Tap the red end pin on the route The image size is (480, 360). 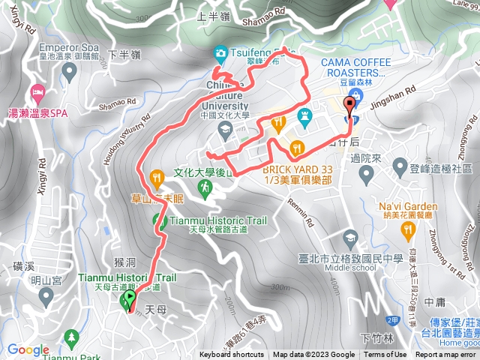click(349, 107)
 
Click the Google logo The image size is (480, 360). click(28, 349)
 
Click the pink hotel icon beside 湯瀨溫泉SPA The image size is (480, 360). click(37, 94)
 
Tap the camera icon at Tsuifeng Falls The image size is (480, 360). click(220, 53)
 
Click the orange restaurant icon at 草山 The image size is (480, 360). click(157, 178)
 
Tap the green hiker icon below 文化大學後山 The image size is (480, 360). click(204, 187)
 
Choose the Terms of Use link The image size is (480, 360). click(385, 355)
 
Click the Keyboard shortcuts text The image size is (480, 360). click(232, 355)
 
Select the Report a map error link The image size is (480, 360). click(447, 355)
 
